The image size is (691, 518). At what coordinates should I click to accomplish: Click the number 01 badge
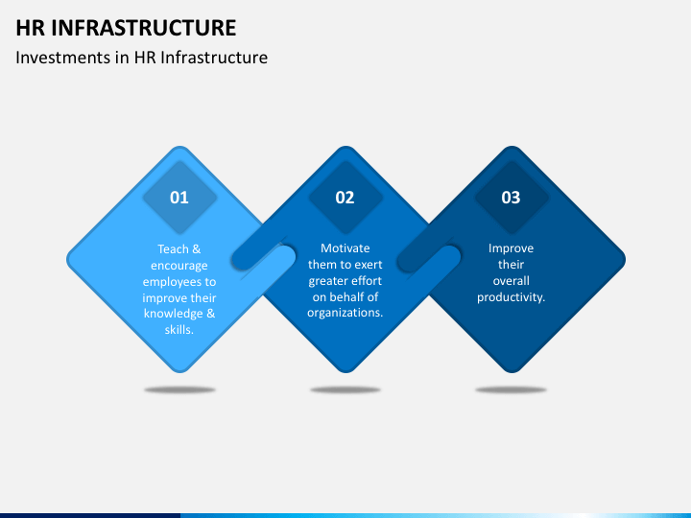pos(179,198)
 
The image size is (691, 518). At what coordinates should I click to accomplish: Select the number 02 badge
pos(345,198)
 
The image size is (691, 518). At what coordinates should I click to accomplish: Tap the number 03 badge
pos(511,198)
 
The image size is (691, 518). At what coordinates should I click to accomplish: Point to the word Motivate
pos(345,248)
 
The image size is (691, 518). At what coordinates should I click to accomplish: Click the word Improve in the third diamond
pos(511,248)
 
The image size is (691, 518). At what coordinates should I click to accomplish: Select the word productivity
pos(511,297)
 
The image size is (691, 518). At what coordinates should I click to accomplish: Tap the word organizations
pos(345,313)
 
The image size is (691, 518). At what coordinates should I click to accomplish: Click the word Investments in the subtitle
pos(60,58)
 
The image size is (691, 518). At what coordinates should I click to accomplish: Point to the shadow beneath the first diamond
pos(179,389)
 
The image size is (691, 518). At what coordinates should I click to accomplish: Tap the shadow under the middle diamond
pos(345,389)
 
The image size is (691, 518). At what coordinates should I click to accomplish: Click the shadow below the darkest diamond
pos(511,389)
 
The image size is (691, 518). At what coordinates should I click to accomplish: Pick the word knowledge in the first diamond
pos(173,314)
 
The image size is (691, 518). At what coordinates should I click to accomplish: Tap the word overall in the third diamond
pos(511,281)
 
